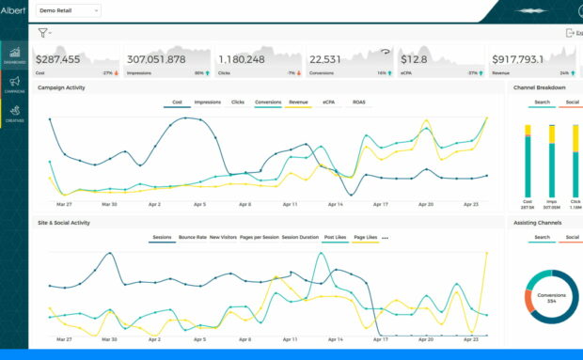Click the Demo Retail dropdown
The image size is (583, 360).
click(x=68, y=9)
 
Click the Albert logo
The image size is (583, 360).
click(x=13, y=9)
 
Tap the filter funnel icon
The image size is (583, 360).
click(x=42, y=32)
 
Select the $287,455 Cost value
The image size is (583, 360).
click(x=58, y=58)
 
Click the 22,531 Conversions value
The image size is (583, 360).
click(x=325, y=58)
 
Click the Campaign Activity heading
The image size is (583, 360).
click(x=62, y=87)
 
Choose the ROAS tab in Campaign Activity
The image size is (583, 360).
click(x=359, y=102)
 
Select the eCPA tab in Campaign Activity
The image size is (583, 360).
click(x=328, y=102)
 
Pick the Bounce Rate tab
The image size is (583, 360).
click(x=192, y=238)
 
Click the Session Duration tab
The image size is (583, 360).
click(x=300, y=238)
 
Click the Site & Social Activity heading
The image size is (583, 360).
click(x=64, y=223)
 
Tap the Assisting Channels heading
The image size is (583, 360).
click(x=538, y=223)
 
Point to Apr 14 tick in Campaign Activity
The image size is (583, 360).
click(x=336, y=204)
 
